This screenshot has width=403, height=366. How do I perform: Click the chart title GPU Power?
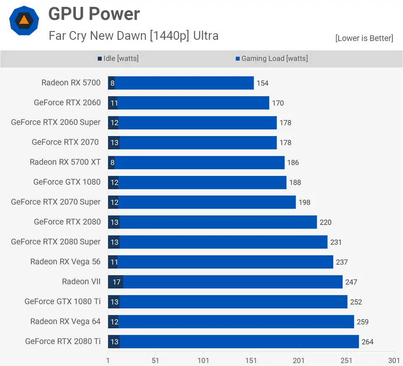[x=94, y=14]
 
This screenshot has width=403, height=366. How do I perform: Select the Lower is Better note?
[x=364, y=38]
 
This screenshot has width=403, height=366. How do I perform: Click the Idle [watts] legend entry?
[x=118, y=59]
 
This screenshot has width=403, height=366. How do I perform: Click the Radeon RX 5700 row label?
[x=71, y=83]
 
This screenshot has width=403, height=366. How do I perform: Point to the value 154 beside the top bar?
[x=262, y=83]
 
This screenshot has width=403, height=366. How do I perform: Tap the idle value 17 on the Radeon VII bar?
[x=116, y=282]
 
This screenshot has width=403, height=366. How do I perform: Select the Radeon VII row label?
[x=81, y=282]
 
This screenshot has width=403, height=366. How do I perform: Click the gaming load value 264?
[x=367, y=342]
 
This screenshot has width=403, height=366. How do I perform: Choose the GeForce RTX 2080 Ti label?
[x=63, y=341]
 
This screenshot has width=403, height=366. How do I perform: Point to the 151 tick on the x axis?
[x=251, y=361]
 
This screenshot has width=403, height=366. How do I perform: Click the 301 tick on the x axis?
[x=394, y=361]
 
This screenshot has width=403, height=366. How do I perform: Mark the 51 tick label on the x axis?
[x=156, y=361]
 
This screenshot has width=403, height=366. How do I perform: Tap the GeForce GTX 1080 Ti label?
[x=63, y=301]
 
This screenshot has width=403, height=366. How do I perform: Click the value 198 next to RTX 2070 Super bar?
[x=304, y=202]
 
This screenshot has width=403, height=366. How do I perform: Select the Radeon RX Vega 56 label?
[x=65, y=262]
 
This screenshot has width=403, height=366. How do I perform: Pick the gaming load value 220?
[x=325, y=222]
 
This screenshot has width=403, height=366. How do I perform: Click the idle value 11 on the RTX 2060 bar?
[x=113, y=103]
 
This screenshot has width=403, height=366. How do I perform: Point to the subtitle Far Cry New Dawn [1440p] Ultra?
[x=133, y=35]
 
